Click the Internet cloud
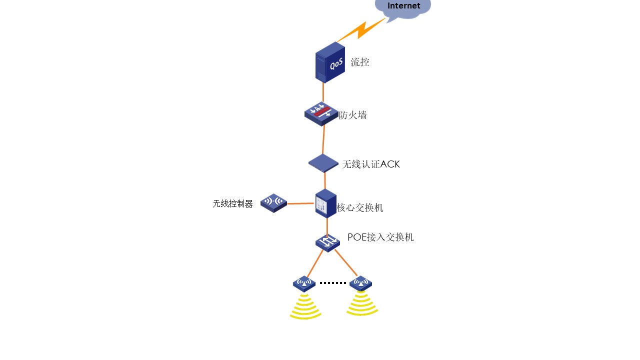pos(403,8)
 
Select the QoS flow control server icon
pos(330,62)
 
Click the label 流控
pos(360,62)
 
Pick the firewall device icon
pos(321,113)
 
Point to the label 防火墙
pos(353,115)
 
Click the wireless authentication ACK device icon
pos(323,163)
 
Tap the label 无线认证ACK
pos(371,164)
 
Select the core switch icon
pos(326,203)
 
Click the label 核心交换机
pos(360,208)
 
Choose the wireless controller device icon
pos(273,202)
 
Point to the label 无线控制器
pos(233,204)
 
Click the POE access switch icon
pos(327,243)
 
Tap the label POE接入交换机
pos(380,237)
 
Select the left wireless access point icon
pos(304,283)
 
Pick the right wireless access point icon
pos(360,283)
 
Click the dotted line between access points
pos(332,283)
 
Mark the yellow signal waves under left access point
pos(305,306)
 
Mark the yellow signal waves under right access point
pos(362,304)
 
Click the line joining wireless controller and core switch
pos(300,203)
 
